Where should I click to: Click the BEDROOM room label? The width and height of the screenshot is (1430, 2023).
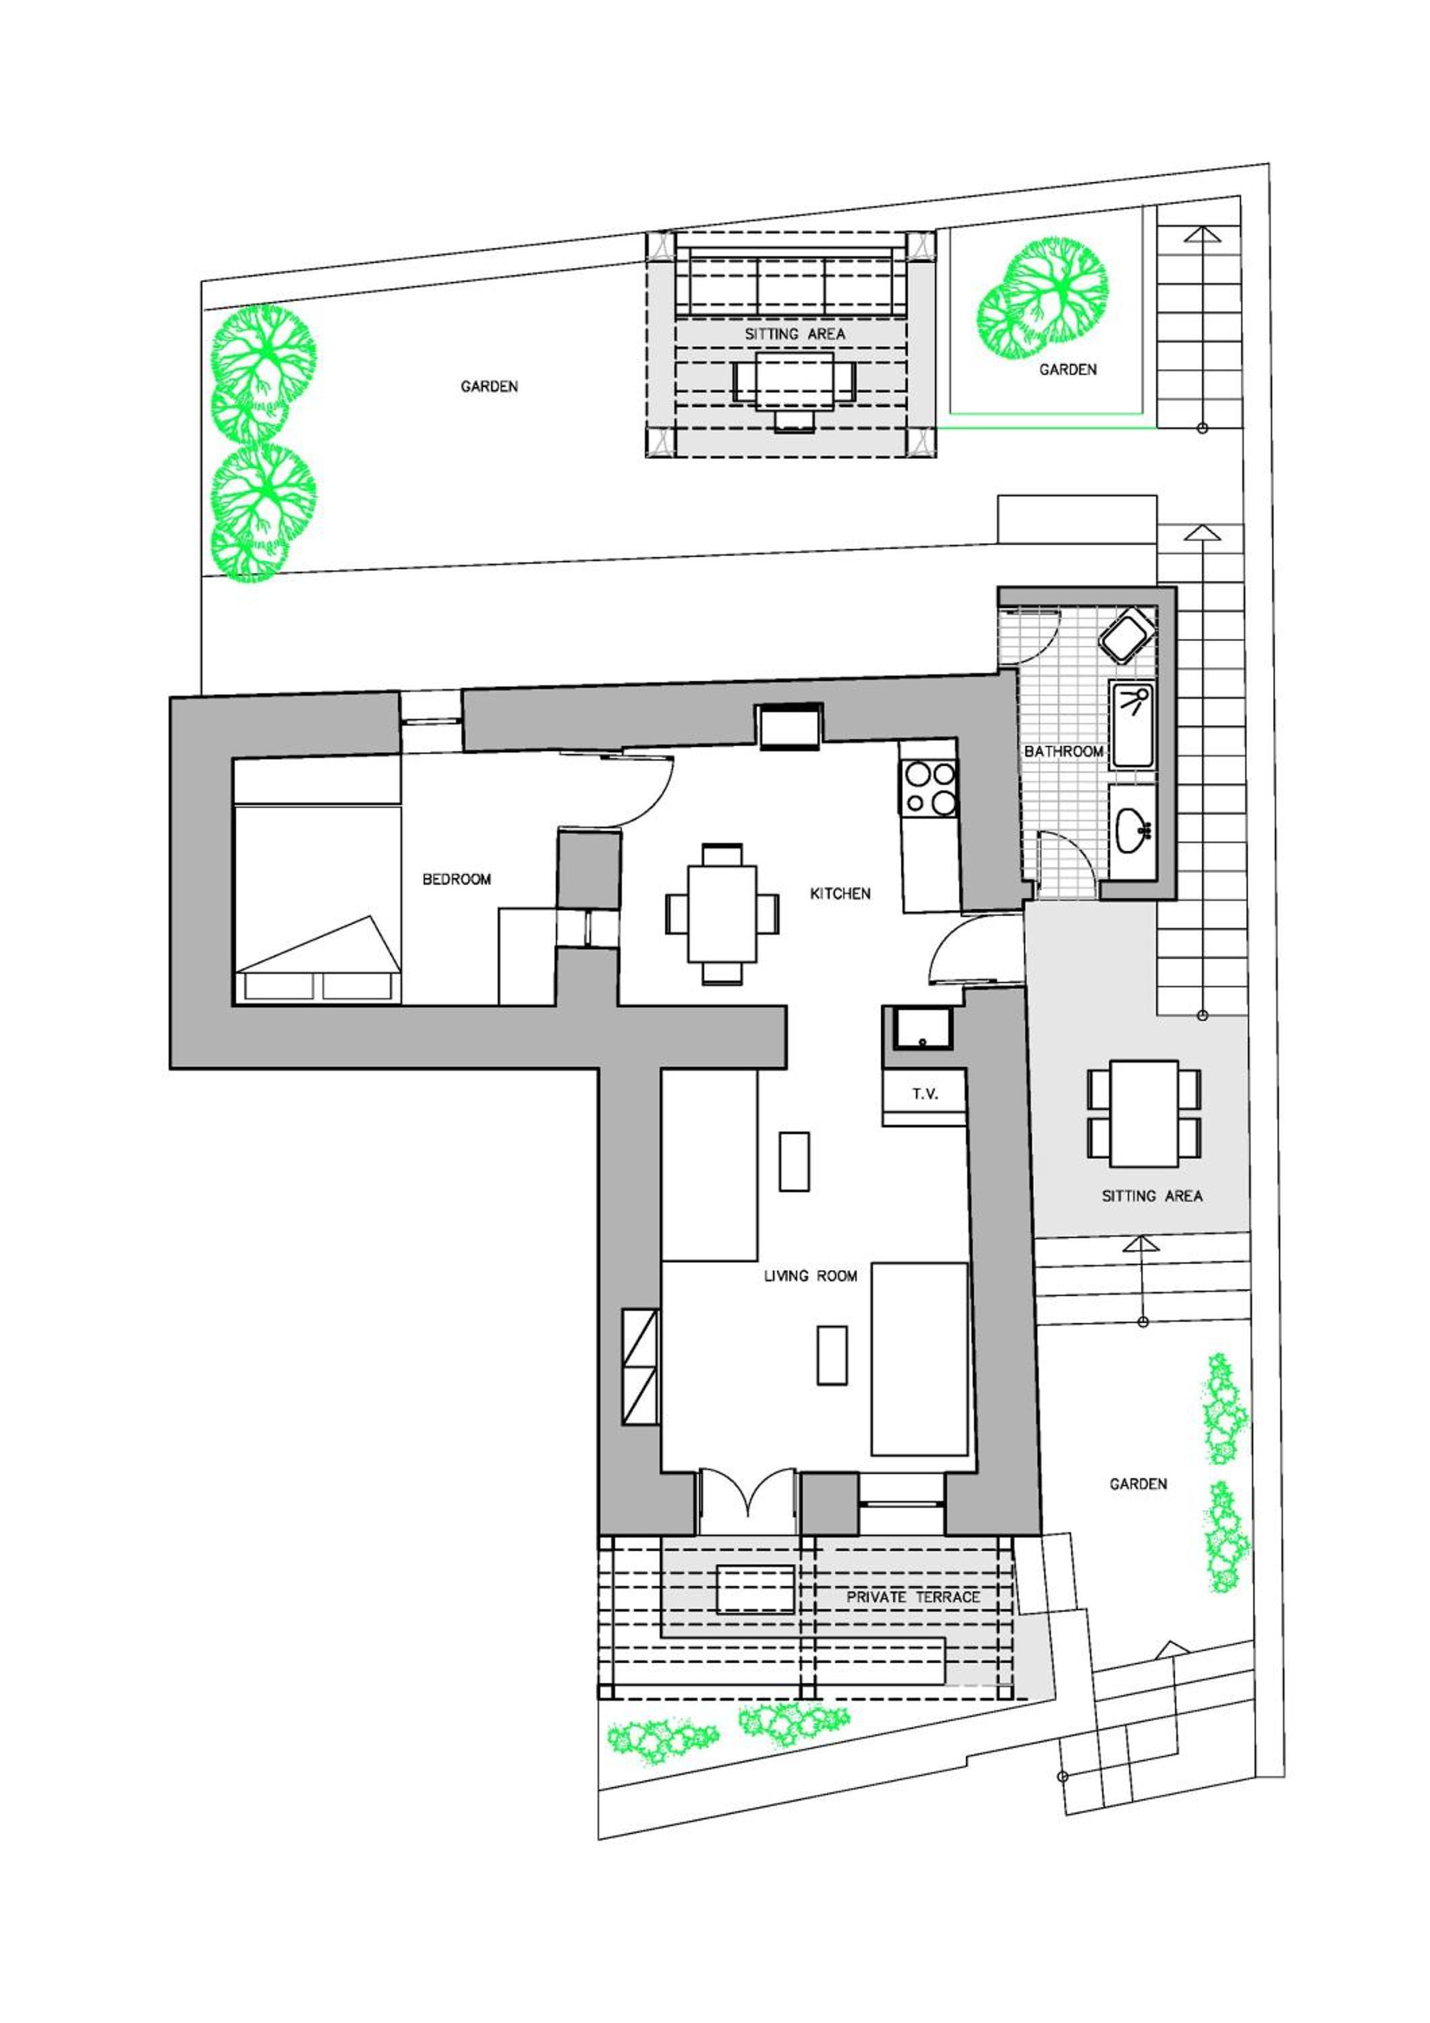(457, 879)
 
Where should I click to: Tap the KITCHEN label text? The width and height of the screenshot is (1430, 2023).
(840, 893)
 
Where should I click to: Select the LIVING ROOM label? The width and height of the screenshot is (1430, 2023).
(809, 1275)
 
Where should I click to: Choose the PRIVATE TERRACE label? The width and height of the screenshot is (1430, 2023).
(913, 1597)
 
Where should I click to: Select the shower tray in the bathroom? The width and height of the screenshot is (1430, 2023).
(1133, 724)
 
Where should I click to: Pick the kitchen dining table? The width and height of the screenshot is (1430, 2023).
(722, 914)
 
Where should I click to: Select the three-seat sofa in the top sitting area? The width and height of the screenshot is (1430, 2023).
(791, 282)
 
